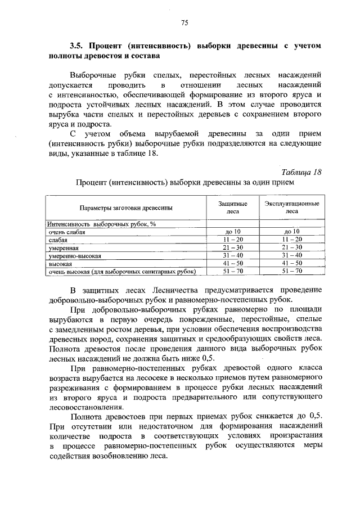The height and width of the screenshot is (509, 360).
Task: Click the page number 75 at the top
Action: [184, 22]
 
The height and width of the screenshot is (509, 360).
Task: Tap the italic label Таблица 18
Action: [300, 172]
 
